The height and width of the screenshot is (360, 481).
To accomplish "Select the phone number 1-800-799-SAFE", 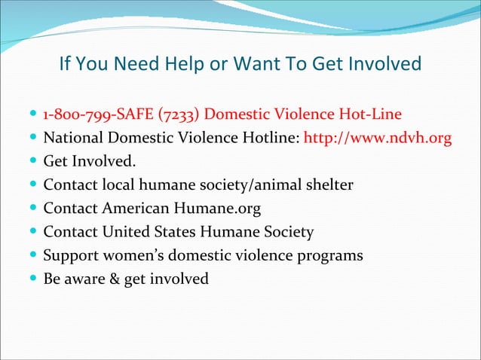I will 97,115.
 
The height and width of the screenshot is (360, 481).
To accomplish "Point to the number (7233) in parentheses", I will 177,115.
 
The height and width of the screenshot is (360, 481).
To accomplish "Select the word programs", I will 329,255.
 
